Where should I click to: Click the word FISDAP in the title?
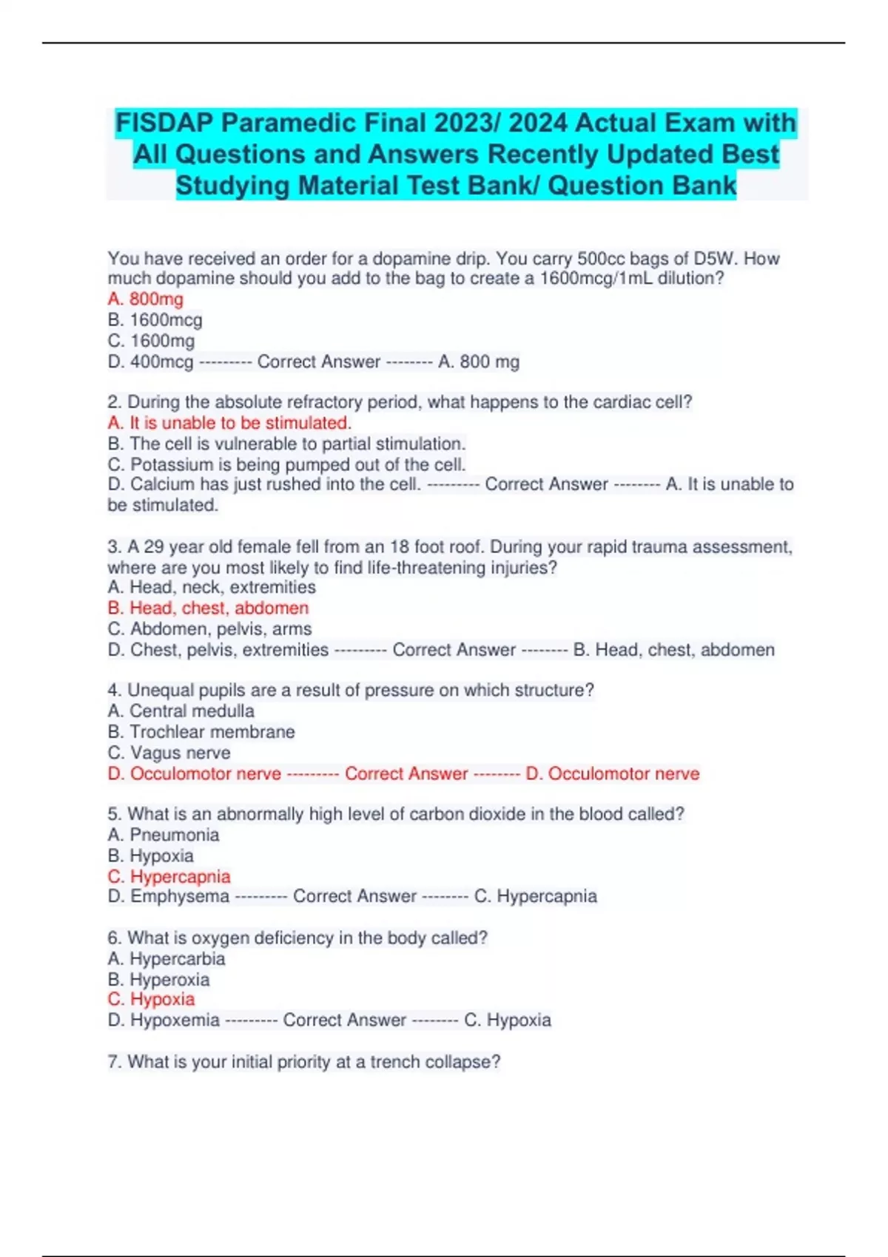tap(163, 123)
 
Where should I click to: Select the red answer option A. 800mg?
tap(146, 299)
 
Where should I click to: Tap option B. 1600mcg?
tap(155, 320)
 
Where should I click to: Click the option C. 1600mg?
tap(151, 341)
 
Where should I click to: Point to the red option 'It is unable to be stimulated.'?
tap(229, 423)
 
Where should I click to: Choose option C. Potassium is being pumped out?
tap(286, 464)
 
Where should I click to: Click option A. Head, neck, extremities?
tap(212, 587)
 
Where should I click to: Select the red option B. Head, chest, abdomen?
tap(208, 608)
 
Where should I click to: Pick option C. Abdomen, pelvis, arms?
tap(209, 628)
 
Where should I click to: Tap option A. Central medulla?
tap(181, 711)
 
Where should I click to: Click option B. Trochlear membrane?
tap(201, 731)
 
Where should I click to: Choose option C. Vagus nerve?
tap(169, 753)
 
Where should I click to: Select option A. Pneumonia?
tap(164, 835)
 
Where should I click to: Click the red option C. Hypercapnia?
tap(169, 876)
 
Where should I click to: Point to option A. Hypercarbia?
tap(166, 959)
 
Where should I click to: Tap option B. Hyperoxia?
tap(158, 980)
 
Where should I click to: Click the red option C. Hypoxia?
tap(151, 1000)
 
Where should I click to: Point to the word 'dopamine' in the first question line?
tap(408, 259)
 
